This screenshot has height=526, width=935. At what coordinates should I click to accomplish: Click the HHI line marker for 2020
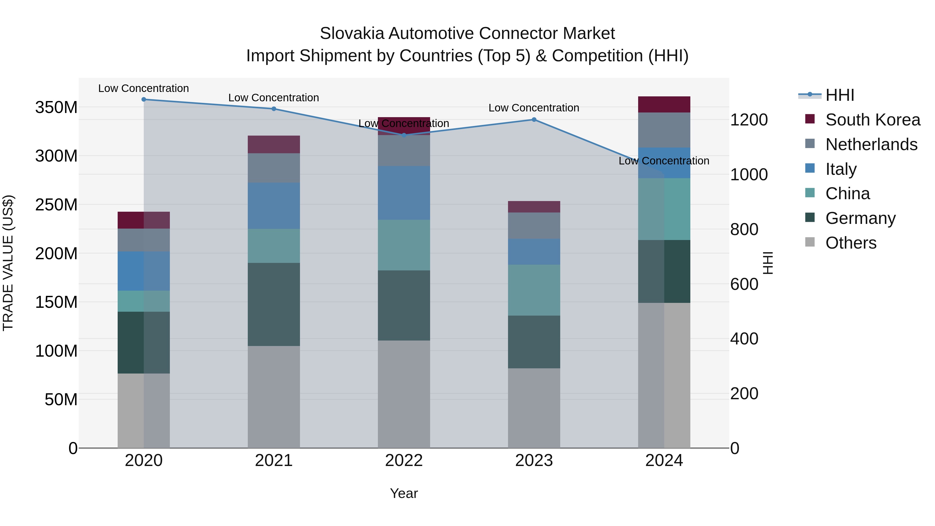click(x=144, y=99)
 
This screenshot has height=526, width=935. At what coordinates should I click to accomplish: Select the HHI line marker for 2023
click(x=534, y=119)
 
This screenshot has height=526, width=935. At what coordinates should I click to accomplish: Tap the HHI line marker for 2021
click(x=274, y=109)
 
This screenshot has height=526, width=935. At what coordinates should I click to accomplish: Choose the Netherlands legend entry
click(x=871, y=144)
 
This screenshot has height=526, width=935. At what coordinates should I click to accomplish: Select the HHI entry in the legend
click(x=839, y=95)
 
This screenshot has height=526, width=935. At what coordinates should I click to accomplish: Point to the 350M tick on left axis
click(x=56, y=108)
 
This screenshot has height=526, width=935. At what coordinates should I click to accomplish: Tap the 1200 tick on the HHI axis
click(x=749, y=120)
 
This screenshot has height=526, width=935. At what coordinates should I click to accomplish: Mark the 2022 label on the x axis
click(x=404, y=461)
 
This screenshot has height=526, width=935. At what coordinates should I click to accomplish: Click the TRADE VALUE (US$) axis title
click(x=8, y=263)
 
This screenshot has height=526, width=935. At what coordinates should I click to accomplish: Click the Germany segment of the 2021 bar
click(x=274, y=304)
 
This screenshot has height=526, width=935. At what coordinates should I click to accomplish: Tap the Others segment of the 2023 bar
click(x=534, y=408)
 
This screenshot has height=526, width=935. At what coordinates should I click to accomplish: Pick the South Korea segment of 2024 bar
click(x=664, y=104)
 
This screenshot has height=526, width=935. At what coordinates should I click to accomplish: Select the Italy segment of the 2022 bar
click(x=404, y=193)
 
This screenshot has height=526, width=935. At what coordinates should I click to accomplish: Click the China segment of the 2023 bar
click(x=534, y=290)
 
